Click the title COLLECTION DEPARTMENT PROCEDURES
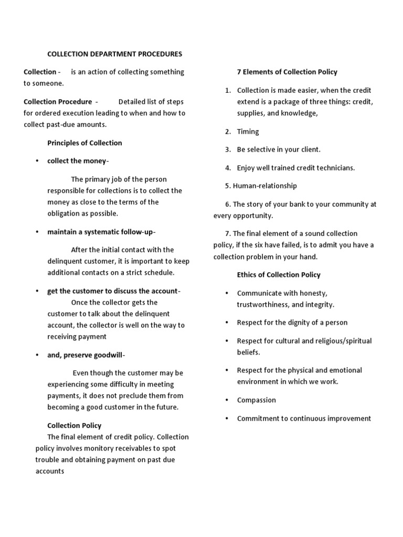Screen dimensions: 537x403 click(x=115, y=53)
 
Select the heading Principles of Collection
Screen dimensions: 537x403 click(x=84, y=143)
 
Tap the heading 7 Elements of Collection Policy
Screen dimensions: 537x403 click(x=287, y=72)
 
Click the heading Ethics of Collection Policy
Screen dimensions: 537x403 click(x=279, y=274)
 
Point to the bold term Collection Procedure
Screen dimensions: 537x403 click(x=58, y=101)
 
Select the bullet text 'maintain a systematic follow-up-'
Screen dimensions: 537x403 click(x=101, y=232)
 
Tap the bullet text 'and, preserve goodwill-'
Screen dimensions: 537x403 click(x=86, y=355)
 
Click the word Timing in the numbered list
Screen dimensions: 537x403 click(x=248, y=132)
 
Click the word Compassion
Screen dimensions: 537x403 click(x=256, y=400)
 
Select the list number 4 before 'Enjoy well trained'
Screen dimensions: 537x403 click(x=228, y=168)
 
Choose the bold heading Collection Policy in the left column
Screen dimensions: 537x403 click(x=74, y=425)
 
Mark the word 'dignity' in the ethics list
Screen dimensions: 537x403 click(x=305, y=323)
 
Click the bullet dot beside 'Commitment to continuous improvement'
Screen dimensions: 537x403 click(x=227, y=418)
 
